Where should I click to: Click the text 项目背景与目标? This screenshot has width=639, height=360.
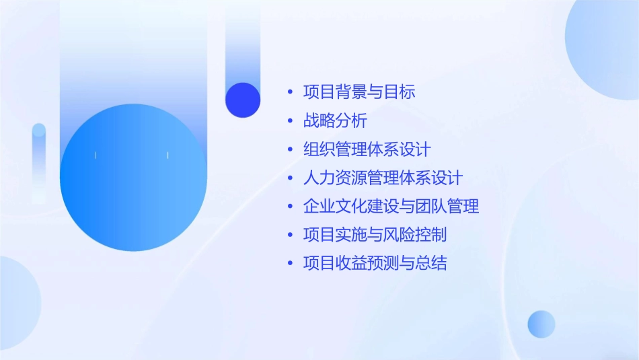pyautogui.click(x=359, y=92)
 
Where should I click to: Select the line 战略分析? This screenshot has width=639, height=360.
pyautogui.click(x=335, y=121)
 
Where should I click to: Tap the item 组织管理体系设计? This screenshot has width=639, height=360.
pyautogui.click(x=367, y=149)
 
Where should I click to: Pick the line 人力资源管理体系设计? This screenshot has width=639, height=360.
pyautogui.click(x=383, y=178)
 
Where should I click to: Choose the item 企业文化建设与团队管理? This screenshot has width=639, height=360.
pyautogui.click(x=391, y=207)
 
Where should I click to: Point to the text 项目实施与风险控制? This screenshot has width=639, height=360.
pyautogui.click(x=375, y=235)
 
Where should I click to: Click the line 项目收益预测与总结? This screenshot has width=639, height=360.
pyautogui.click(x=375, y=263)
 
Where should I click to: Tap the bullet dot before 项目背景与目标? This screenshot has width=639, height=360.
pyautogui.click(x=290, y=93)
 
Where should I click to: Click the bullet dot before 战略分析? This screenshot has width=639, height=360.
pyautogui.click(x=290, y=121)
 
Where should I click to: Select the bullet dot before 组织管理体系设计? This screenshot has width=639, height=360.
pyautogui.click(x=290, y=149)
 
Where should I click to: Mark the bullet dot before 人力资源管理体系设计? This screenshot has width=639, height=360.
pyautogui.click(x=290, y=178)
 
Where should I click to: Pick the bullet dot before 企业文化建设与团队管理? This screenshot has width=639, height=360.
pyautogui.click(x=290, y=207)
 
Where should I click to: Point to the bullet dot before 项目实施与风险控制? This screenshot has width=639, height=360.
pyautogui.click(x=290, y=235)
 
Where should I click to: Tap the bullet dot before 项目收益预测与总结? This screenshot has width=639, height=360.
pyautogui.click(x=290, y=263)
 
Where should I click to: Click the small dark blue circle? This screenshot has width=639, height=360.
pyautogui.click(x=243, y=100)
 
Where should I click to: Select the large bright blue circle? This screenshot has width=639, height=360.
pyautogui.click(x=133, y=178)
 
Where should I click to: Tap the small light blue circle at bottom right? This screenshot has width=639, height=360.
pyautogui.click(x=541, y=324)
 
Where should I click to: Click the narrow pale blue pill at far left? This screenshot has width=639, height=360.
pyautogui.click(x=39, y=161)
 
